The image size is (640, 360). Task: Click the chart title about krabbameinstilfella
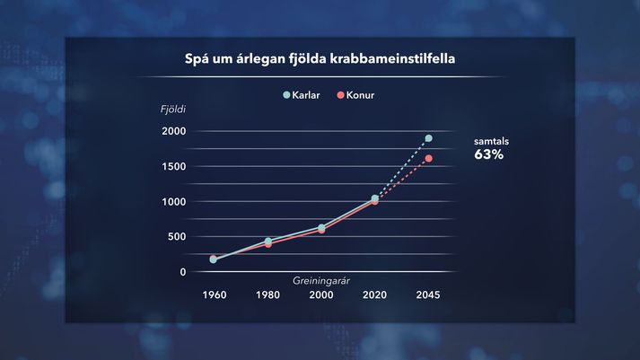(320, 58)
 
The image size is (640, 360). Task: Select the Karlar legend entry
(302, 95)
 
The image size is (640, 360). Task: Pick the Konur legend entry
(355, 95)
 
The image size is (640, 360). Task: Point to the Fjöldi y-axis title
(173, 109)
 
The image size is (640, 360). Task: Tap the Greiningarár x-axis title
(320, 281)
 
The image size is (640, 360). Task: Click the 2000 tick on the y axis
(174, 131)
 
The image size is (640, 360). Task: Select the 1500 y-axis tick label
(174, 166)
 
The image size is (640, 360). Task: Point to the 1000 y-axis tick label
(174, 202)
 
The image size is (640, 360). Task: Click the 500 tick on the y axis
(177, 237)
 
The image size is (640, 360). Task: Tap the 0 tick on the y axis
(183, 272)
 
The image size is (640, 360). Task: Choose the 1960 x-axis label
(215, 294)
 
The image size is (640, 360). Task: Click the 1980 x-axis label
(267, 294)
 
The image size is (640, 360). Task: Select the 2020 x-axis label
(374, 294)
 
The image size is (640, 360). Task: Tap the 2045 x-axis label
(428, 294)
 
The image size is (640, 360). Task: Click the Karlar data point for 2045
(428, 138)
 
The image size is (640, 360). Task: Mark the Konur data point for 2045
(428, 158)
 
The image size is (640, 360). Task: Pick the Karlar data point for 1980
(268, 241)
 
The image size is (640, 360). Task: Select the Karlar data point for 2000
(321, 227)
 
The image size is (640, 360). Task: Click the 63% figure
(488, 154)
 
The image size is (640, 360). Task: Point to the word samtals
(491, 141)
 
